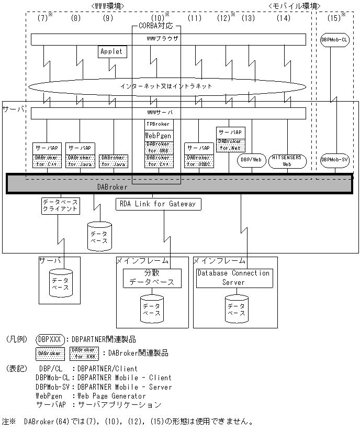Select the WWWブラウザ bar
[168, 39]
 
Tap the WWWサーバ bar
[168, 113]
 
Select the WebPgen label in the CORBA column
[159, 135]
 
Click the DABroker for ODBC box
[199, 160]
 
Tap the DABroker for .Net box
[230, 145]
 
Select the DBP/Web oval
[251, 160]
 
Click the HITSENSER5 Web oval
[287, 160]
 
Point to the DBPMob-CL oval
[333, 40]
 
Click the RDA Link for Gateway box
[158, 204]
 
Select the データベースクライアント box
[60, 205]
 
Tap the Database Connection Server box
[233, 278]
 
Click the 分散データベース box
[152, 278]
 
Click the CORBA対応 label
[155, 26]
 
